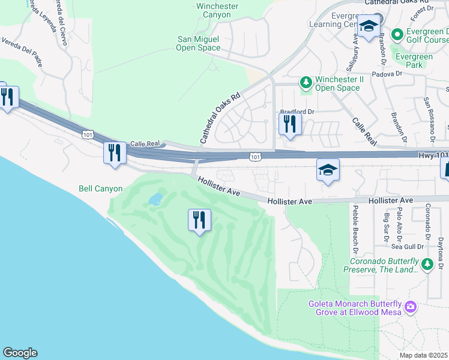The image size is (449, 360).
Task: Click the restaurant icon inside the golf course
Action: pos(199,220)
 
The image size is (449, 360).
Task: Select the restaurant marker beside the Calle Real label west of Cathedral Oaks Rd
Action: pos(114,152)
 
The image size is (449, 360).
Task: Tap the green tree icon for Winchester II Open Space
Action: pos(306,81)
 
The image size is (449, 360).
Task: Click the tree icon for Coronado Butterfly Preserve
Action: pos(427,263)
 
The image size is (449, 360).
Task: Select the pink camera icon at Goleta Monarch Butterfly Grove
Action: pos(410,307)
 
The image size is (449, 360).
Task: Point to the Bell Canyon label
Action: pos(100,188)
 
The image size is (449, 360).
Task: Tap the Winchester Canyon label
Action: pos(217,11)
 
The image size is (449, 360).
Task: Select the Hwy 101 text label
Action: pos(433,155)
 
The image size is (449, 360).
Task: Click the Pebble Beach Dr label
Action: pos(355,228)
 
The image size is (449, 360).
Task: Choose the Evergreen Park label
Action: pos(414,61)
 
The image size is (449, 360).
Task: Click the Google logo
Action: pos(20,353)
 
